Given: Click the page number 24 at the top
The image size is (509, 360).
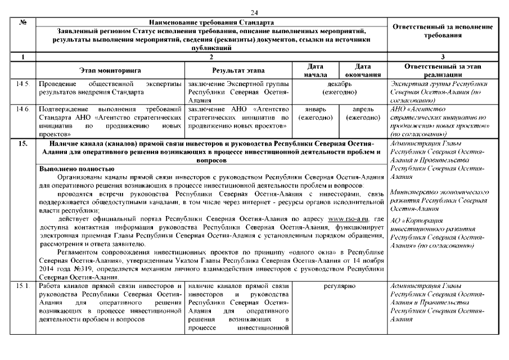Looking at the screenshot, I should pyautogui.click(x=254, y=12).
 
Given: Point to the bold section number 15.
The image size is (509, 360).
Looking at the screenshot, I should pyautogui.click(x=23, y=144).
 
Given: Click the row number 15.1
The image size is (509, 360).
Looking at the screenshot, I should pyautogui.click(x=23, y=287).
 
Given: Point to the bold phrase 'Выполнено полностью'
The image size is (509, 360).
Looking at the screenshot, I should pyautogui.click(x=77, y=168).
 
